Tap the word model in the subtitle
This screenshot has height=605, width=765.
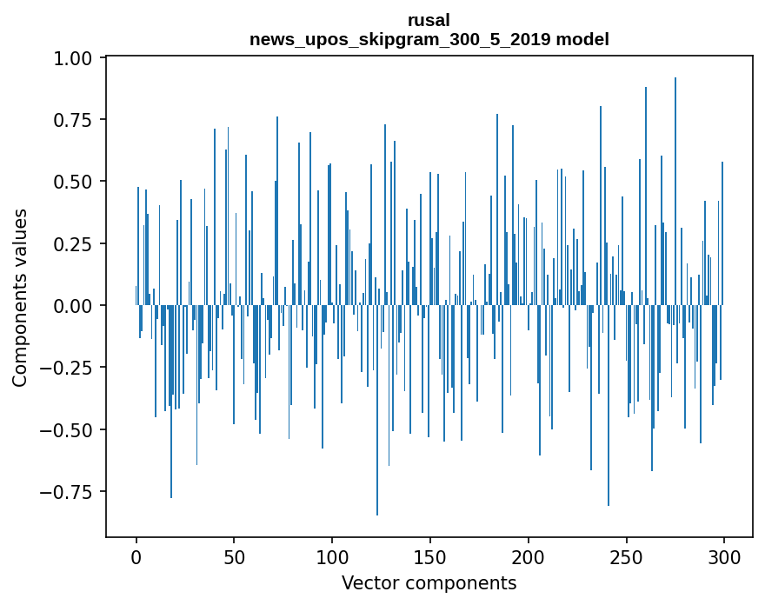point(585,39)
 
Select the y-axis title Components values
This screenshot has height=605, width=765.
point(20,297)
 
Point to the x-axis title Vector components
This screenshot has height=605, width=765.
point(429,582)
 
